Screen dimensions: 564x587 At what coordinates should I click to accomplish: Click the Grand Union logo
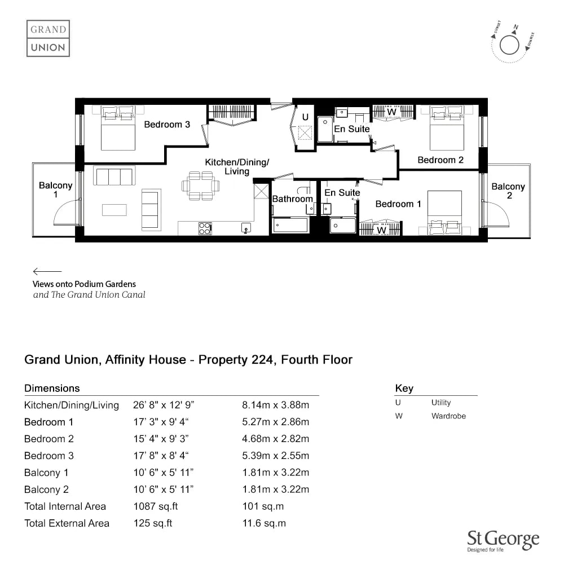click(x=48, y=38)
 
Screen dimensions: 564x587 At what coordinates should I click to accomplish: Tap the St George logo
click(x=503, y=541)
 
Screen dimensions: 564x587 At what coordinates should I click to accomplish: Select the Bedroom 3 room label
click(x=167, y=124)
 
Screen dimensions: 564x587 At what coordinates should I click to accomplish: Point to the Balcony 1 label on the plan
click(x=55, y=189)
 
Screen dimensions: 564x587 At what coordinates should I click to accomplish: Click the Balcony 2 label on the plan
click(x=508, y=191)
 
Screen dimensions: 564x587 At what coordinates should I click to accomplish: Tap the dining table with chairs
click(x=201, y=186)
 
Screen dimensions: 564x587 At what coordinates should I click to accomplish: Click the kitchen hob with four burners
click(x=205, y=228)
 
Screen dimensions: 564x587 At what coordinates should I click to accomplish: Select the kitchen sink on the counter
click(x=246, y=228)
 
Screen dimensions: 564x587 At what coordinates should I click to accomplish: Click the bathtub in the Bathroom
click(x=290, y=226)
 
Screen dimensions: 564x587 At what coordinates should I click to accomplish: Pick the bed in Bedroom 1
click(x=444, y=213)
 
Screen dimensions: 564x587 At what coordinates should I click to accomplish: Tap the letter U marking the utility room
click(x=305, y=117)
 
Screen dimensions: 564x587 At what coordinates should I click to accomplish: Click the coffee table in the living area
click(x=114, y=210)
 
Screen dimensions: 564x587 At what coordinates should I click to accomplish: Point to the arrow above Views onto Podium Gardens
click(x=47, y=271)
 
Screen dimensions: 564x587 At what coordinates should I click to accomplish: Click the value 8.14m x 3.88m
click(x=276, y=405)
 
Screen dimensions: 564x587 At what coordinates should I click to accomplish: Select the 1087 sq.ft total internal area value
click(x=156, y=506)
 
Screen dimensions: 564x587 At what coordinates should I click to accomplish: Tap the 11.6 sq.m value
click(x=264, y=523)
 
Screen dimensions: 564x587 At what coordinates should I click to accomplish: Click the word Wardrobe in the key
click(x=448, y=416)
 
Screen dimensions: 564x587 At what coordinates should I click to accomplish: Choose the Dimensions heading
click(x=52, y=388)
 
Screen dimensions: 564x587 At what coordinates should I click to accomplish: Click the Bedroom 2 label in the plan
click(x=440, y=160)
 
